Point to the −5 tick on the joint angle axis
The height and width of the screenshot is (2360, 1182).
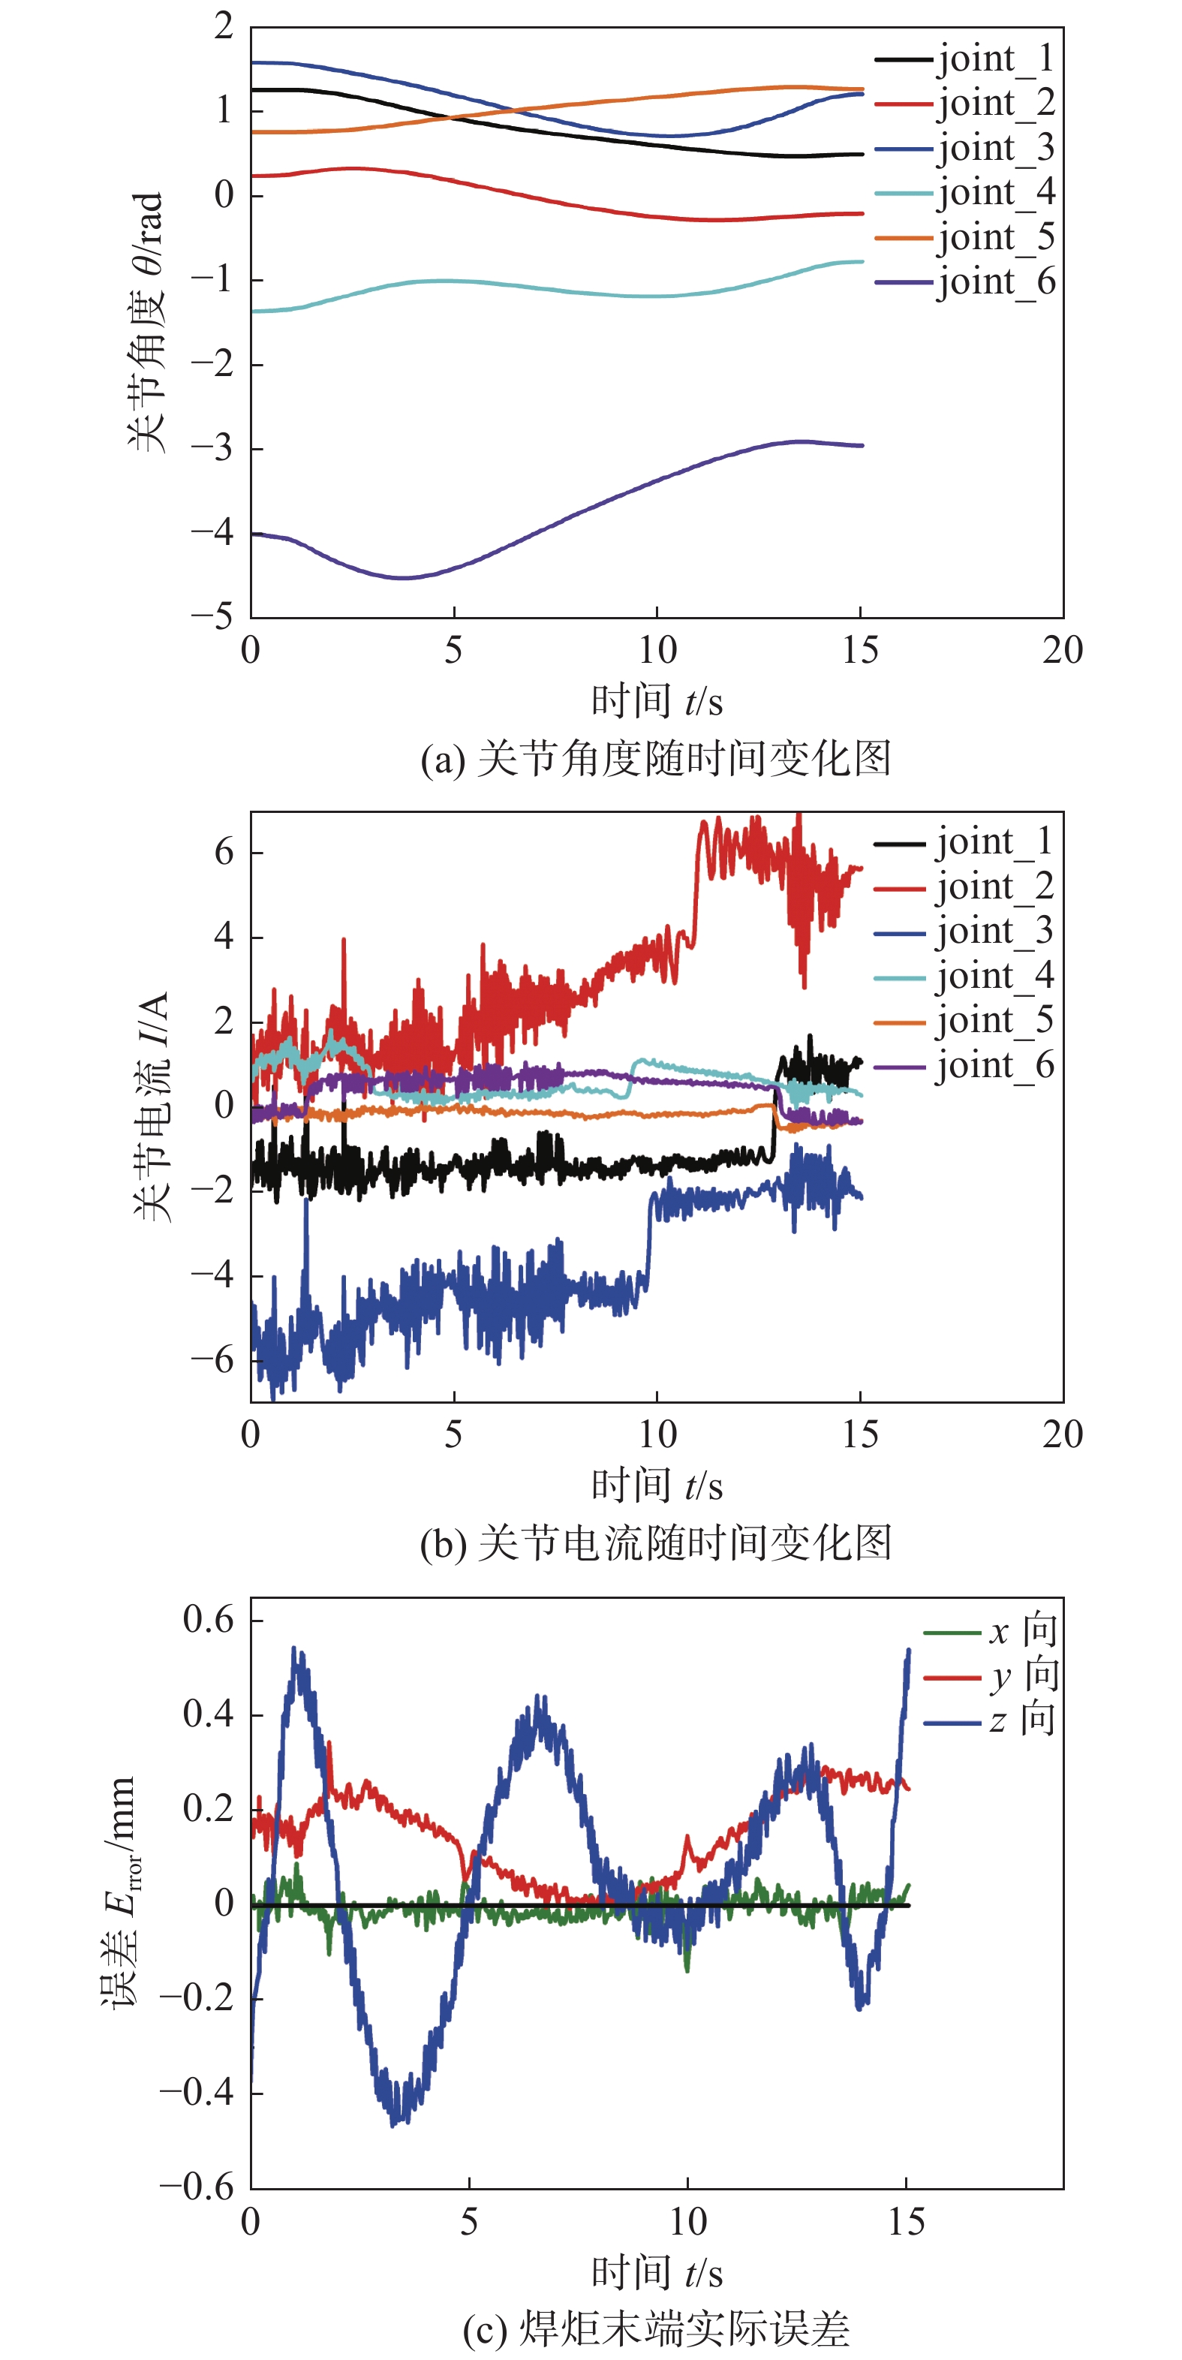(212, 616)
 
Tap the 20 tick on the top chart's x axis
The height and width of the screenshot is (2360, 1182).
(1062, 651)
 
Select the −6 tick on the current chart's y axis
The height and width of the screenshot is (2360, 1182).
(212, 1359)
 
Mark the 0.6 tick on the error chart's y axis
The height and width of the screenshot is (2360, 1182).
(208, 1620)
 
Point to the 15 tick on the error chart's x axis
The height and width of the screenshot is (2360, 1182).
(907, 2222)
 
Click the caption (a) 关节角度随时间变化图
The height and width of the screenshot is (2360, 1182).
(655, 760)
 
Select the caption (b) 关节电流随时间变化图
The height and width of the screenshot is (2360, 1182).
(655, 1544)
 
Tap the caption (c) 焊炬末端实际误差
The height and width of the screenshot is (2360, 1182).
(655, 2328)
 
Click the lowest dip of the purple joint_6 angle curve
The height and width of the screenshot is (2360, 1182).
(403, 578)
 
